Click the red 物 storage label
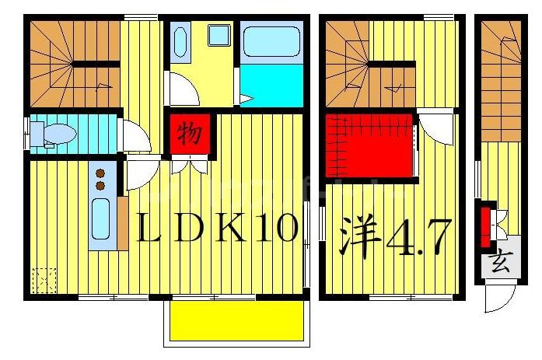187,133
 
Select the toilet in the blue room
54,134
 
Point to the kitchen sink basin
100,218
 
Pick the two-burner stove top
100,180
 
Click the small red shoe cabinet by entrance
486,222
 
